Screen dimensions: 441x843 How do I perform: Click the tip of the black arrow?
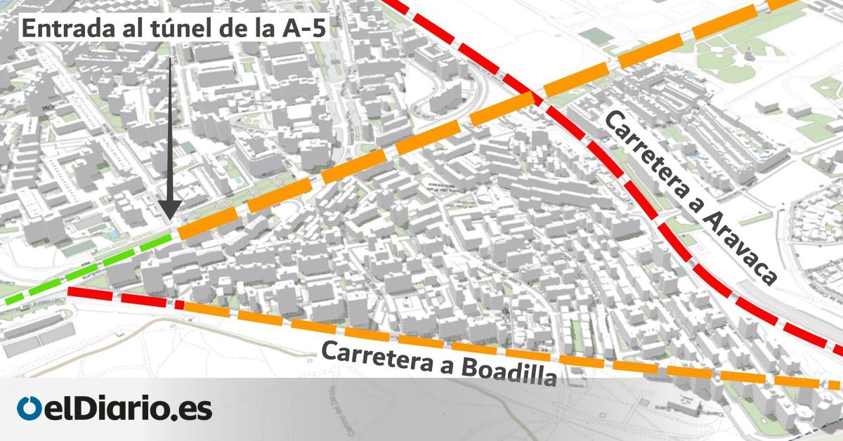click(169, 221)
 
